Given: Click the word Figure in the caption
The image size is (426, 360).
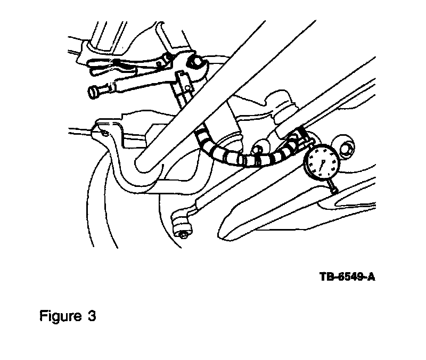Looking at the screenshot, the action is coord(59,316).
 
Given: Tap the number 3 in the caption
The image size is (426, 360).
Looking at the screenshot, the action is coord(92,316).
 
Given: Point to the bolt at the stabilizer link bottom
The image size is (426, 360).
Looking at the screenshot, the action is coord(182,230).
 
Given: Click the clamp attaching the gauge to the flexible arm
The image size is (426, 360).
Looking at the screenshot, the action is coord(303,139).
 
